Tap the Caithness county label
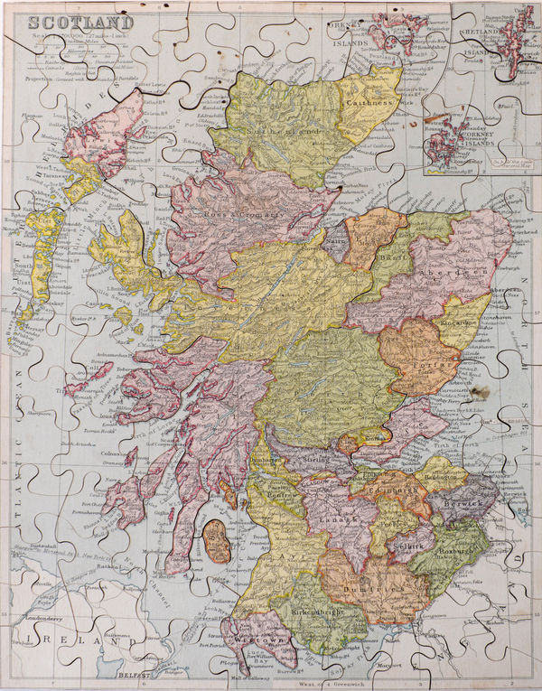[368, 104]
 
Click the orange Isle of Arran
[217, 540]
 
